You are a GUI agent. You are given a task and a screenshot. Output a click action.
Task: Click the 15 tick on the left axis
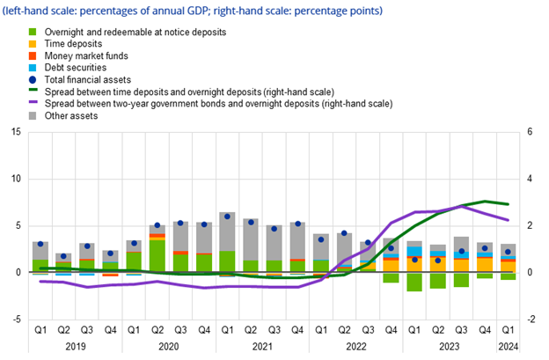[x=16, y=132]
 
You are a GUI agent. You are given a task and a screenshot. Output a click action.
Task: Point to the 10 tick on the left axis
[x=16, y=179]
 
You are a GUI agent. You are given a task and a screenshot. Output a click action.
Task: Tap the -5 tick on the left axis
[x=16, y=319]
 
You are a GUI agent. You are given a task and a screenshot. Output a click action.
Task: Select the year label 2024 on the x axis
[x=508, y=346]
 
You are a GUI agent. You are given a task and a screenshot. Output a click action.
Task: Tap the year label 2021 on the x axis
[x=263, y=346]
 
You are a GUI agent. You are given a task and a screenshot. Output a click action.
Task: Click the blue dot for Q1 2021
[x=227, y=217]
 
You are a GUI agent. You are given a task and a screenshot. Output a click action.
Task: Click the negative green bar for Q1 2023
[x=414, y=282]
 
